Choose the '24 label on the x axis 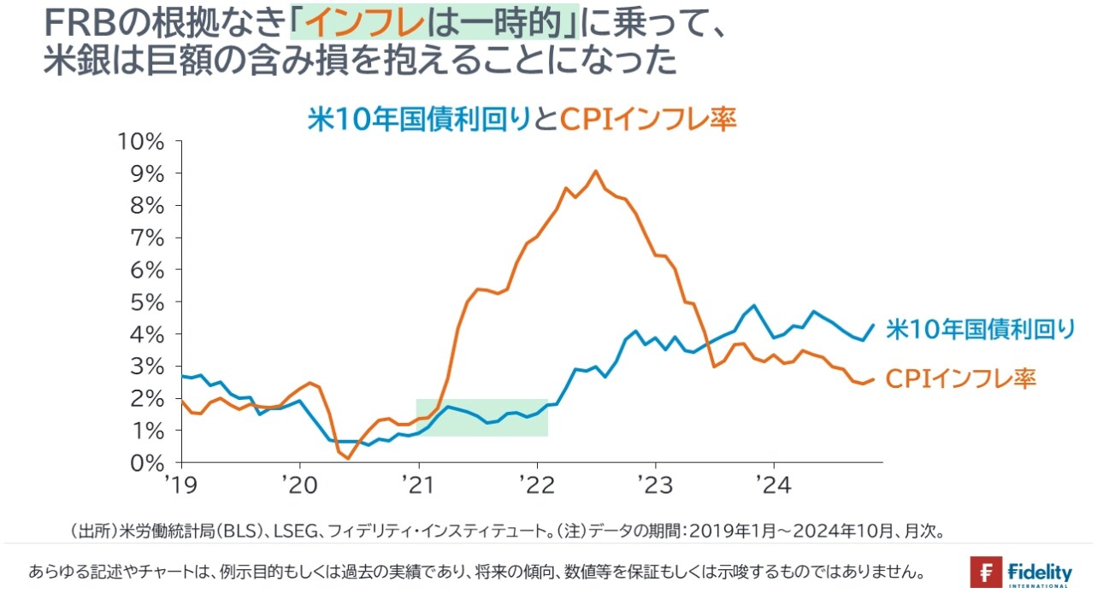pos(774,484)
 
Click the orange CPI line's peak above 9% pos(596,171)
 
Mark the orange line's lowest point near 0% pos(348,459)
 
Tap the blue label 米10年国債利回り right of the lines pos(979,329)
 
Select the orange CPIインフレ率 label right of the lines pos(960,378)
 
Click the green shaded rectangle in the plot pos(481,418)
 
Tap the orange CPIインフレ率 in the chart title pos(647,119)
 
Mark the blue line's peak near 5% pos(753,305)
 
